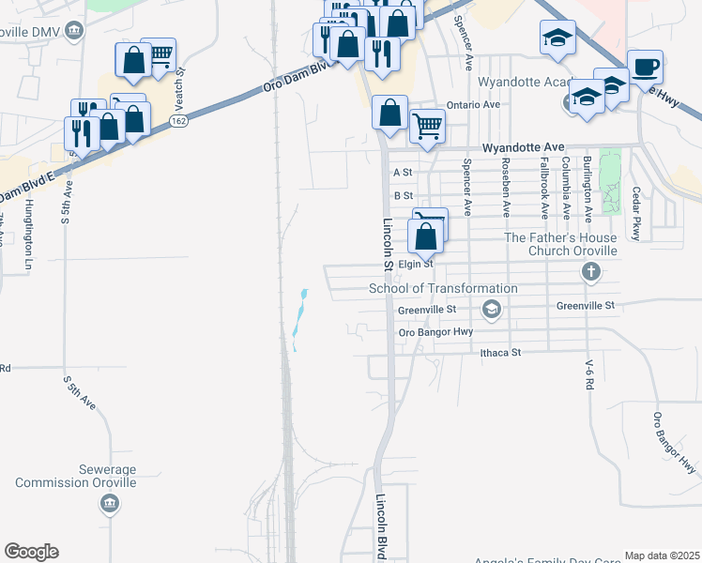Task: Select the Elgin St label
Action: (x=414, y=264)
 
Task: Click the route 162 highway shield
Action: (x=178, y=122)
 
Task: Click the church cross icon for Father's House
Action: (x=590, y=272)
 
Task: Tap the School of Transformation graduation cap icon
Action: (x=491, y=309)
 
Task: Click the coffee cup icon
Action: (x=645, y=68)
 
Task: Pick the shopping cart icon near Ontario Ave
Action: (x=427, y=124)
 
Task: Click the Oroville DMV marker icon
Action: (x=76, y=33)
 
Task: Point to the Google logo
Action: (x=31, y=552)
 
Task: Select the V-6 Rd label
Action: (x=590, y=376)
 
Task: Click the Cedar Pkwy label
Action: (x=636, y=215)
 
